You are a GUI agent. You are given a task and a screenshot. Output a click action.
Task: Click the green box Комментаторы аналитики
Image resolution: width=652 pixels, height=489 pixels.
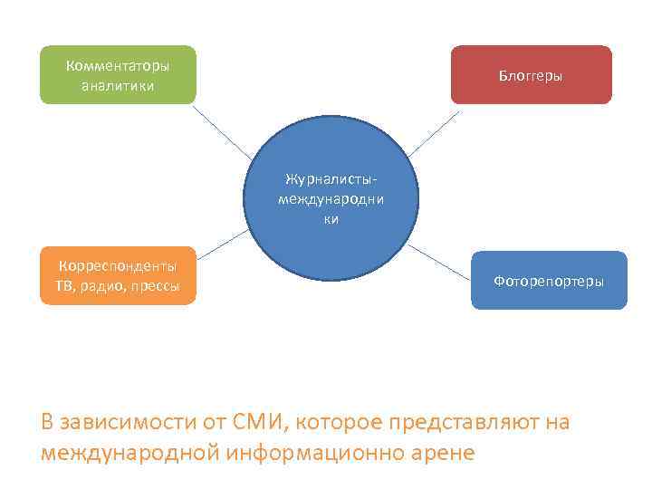(x=118, y=75)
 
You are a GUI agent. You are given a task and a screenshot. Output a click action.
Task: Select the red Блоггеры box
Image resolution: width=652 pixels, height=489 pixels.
(x=531, y=75)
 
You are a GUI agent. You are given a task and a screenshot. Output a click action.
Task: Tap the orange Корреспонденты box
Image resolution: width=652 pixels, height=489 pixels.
(x=118, y=276)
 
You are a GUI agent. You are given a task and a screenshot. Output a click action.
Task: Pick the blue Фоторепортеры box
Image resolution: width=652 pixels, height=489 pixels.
(x=549, y=281)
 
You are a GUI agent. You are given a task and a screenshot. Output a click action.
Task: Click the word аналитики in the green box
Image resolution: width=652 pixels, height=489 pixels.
(x=118, y=86)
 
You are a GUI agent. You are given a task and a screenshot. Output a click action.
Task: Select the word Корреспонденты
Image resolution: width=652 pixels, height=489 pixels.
(x=118, y=266)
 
